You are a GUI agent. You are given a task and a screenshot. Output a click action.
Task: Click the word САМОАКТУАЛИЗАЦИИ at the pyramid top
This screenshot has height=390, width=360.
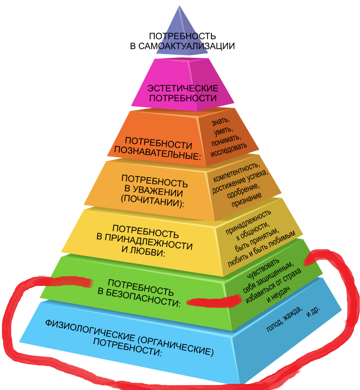tap(186, 46)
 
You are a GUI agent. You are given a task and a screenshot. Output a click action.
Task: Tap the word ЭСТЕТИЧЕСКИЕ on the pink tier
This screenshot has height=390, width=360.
tap(183, 88)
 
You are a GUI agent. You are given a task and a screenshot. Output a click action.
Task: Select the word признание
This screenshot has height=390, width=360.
tap(246, 200)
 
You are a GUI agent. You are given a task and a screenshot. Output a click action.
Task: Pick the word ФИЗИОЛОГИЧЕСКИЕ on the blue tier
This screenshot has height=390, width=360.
tap(89, 330)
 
